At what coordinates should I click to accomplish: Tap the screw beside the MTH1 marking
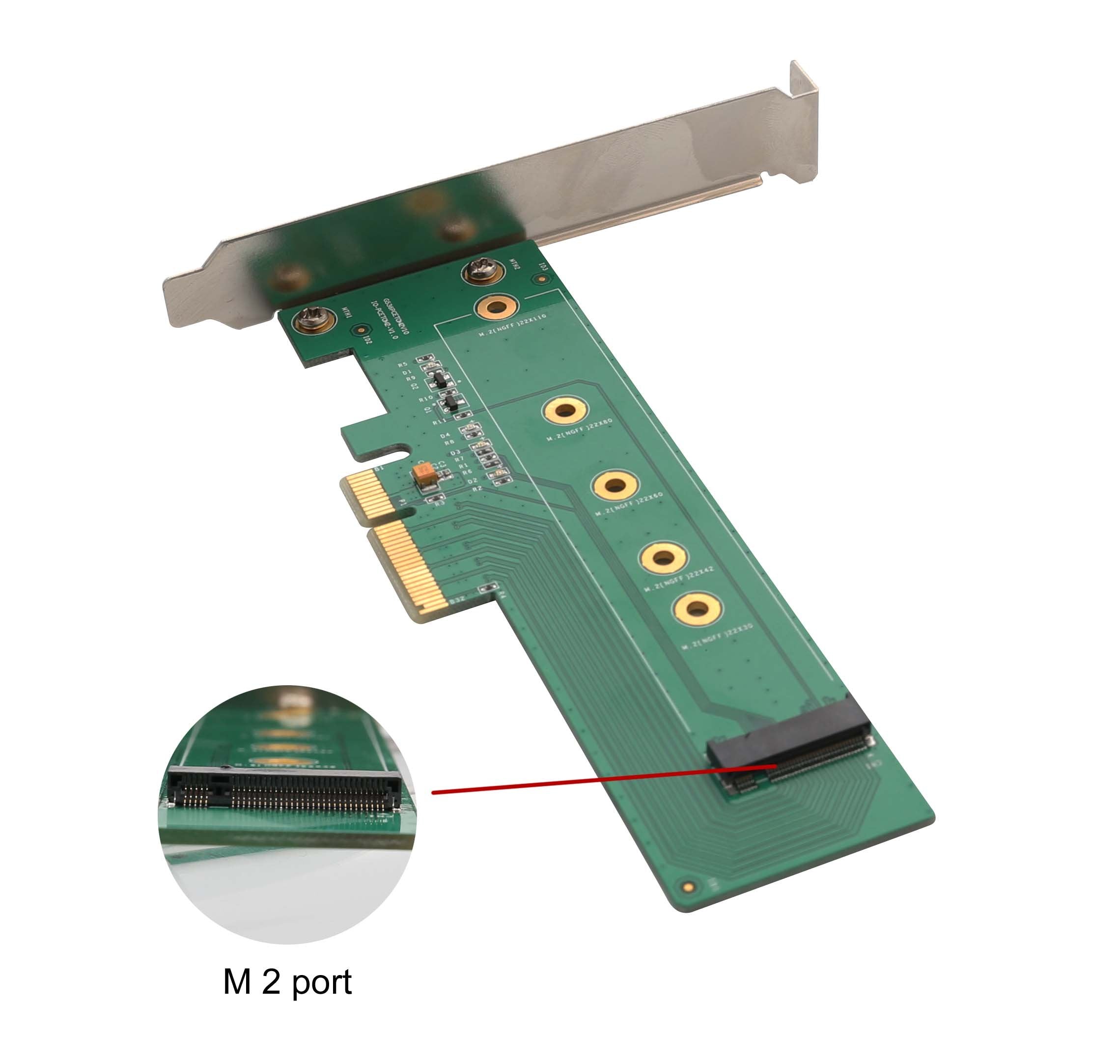pos(310,321)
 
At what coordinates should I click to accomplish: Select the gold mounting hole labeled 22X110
pos(496,308)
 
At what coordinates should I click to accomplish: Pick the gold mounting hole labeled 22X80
pos(565,410)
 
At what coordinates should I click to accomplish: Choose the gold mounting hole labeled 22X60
pos(615,485)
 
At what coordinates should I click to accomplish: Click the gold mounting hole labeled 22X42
pos(664,558)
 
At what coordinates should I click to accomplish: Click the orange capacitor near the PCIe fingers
pos(424,475)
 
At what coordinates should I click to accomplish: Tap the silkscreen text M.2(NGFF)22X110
pos(513,326)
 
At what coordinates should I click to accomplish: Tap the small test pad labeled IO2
pos(360,330)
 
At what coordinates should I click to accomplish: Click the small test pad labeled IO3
pos(541,279)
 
